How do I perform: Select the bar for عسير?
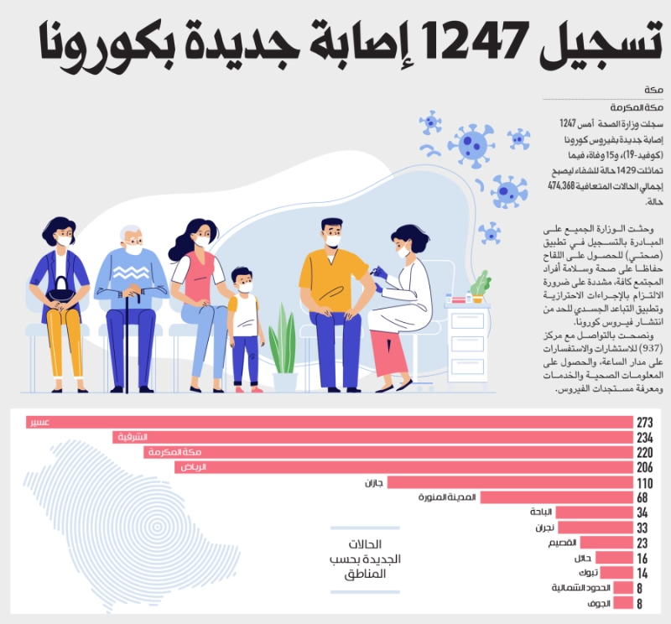[330, 423]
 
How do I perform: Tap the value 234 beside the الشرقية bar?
[645, 438]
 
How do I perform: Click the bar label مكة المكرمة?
[175, 452]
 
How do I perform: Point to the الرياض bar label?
[194, 467]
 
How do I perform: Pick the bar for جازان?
[510, 482]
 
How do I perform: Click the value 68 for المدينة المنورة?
[642, 497]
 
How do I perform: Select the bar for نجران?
[596, 528]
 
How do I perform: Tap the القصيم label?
[562, 543]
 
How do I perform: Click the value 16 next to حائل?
[642, 558]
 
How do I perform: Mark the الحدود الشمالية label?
[580, 588]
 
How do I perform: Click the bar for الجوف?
[623, 603]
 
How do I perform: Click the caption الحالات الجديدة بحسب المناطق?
[365, 559]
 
